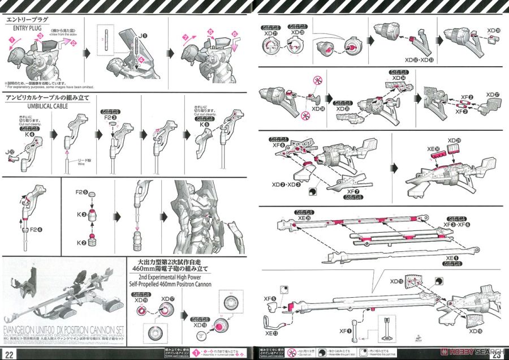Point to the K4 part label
23,134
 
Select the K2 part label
80,243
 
